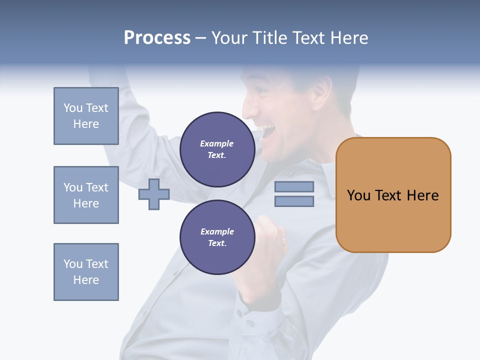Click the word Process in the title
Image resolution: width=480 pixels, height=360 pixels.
click(x=157, y=38)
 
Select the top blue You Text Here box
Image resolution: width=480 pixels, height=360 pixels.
click(x=86, y=116)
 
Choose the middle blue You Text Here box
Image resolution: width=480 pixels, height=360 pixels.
click(x=86, y=195)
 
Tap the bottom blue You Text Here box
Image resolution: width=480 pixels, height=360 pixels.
click(x=86, y=272)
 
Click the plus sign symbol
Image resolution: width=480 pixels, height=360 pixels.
click(x=154, y=194)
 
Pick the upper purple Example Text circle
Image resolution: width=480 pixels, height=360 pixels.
click(x=217, y=149)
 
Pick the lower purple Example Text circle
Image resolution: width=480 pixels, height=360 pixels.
click(x=217, y=237)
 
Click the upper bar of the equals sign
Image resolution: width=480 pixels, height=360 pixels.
click(x=294, y=186)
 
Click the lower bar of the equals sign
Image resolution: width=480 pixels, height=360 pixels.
click(x=294, y=201)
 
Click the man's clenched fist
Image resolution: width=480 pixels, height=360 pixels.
click(x=272, y=235)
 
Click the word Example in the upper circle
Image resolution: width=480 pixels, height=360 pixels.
click(x=217, y=143)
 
